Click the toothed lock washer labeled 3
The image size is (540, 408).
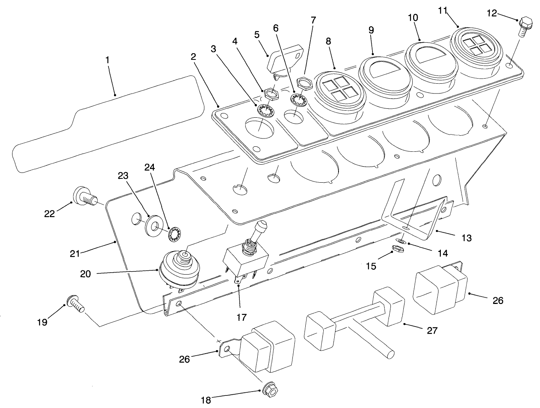tap(266, 110)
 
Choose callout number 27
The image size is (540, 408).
tap(431, 331)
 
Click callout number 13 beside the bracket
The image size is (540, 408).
tap(466, 237)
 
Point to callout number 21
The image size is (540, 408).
tap(75, 253)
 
